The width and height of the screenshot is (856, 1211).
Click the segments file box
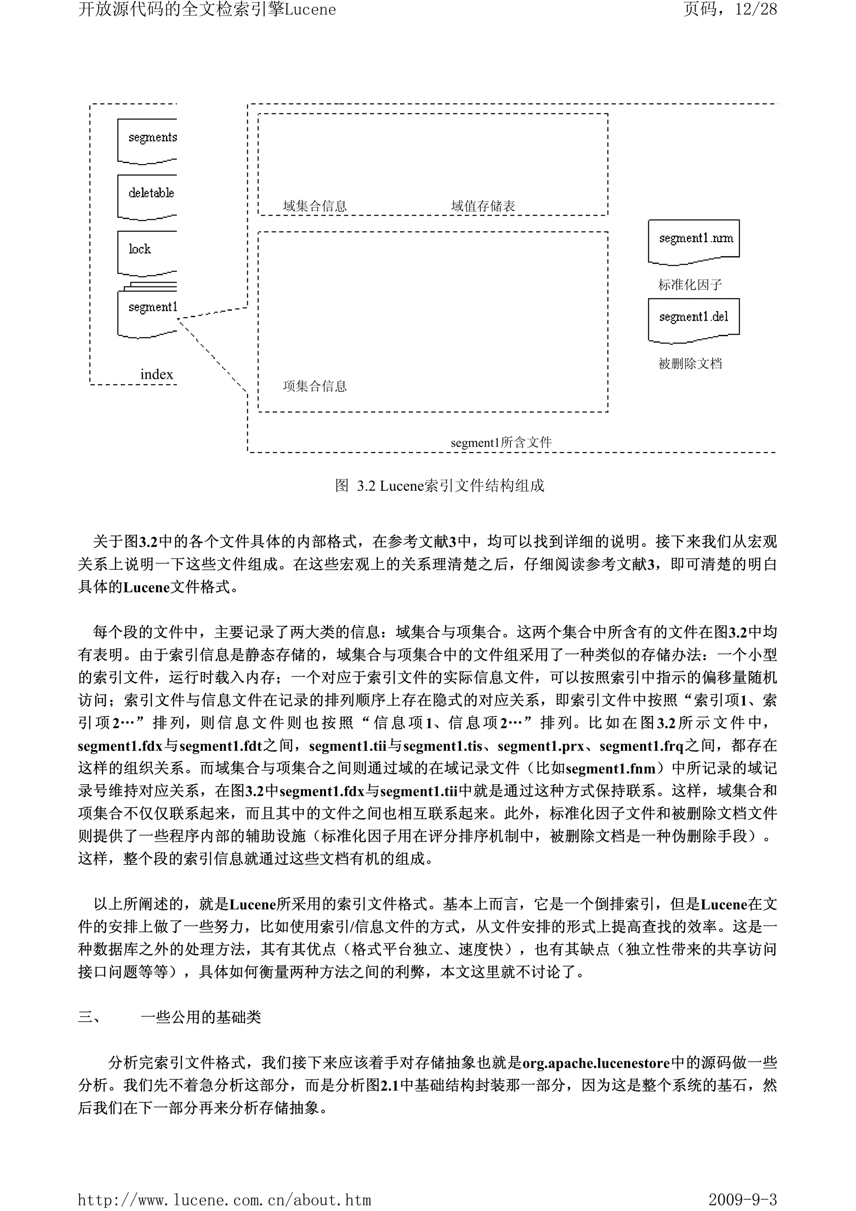tap(148, 140)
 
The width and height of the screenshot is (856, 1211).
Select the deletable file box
tap(148, 196)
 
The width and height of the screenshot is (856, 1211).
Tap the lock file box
tap(147, 252)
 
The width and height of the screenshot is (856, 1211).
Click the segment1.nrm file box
tap(693, 240)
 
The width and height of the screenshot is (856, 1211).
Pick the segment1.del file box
tap(693, 319)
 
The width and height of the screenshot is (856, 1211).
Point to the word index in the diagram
tap(157, 375)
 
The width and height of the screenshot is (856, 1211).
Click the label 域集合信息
tap(315, 206)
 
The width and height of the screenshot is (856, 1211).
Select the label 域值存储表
tap(483, 206)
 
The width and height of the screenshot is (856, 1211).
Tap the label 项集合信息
tap(315, 387)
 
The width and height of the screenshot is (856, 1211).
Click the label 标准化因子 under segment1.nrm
tap(690, 285)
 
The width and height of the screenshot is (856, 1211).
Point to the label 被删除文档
tap(690, 363)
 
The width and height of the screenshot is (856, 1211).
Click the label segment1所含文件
tap(501, 443)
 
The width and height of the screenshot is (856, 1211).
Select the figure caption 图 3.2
tap(439, 486)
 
